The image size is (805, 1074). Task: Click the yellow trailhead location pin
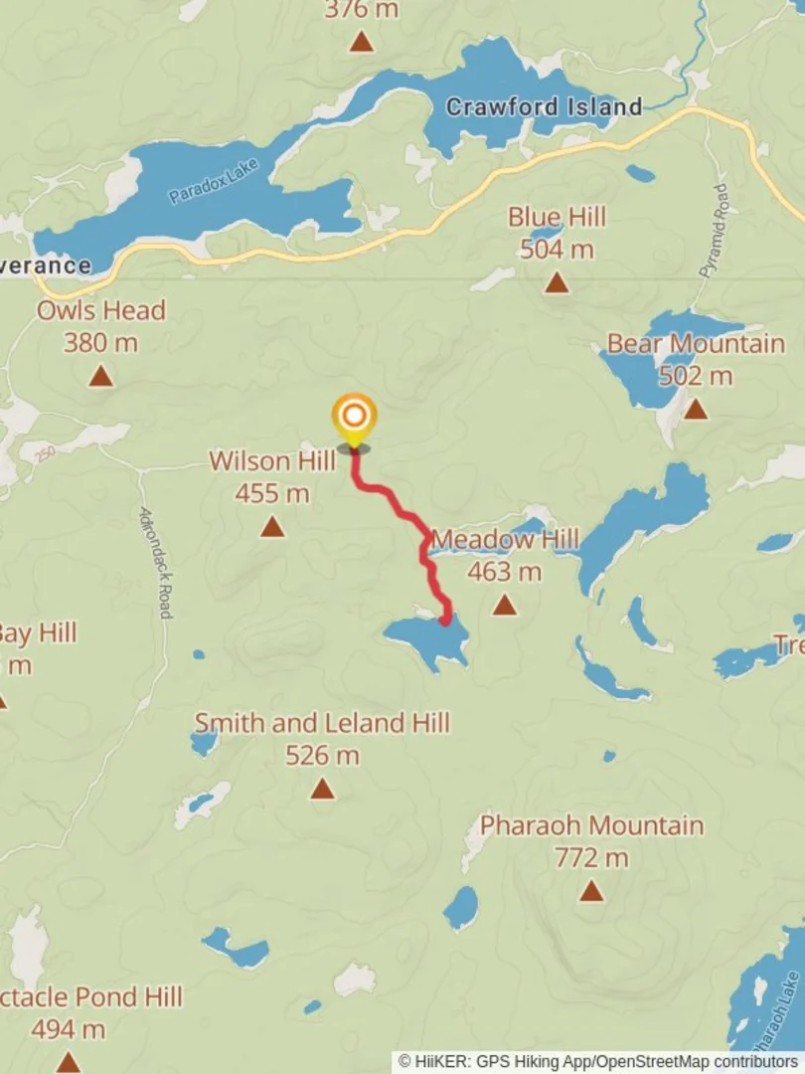click(x=354, y=417)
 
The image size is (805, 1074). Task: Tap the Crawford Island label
click(x=543, y=107)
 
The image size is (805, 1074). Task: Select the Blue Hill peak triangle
click(x=557, y=283)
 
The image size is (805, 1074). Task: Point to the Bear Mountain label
click(x=696, y=344)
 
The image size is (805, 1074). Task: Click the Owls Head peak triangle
click(x=100, y=377)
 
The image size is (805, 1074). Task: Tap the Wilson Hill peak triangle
click(x=272, y=527)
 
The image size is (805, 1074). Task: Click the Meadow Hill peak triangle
click(x=505, y=605)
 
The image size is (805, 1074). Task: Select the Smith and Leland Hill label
click(x=322, y=723)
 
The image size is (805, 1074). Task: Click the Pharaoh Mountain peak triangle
click(x=592, y=890)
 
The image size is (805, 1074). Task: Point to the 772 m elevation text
click(x=592, y=857)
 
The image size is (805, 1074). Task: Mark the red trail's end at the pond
click(x=445, y=620)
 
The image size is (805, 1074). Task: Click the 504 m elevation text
click(x=557, y=249)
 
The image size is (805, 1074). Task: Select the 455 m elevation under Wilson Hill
click(x=272, y=493)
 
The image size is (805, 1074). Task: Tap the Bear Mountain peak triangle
click(x=696, y=409)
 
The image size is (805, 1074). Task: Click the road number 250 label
click(x=44, y=455)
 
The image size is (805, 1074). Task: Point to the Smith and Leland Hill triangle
click(x=322, y=790)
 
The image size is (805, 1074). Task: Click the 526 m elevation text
click(x=322, y=756)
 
